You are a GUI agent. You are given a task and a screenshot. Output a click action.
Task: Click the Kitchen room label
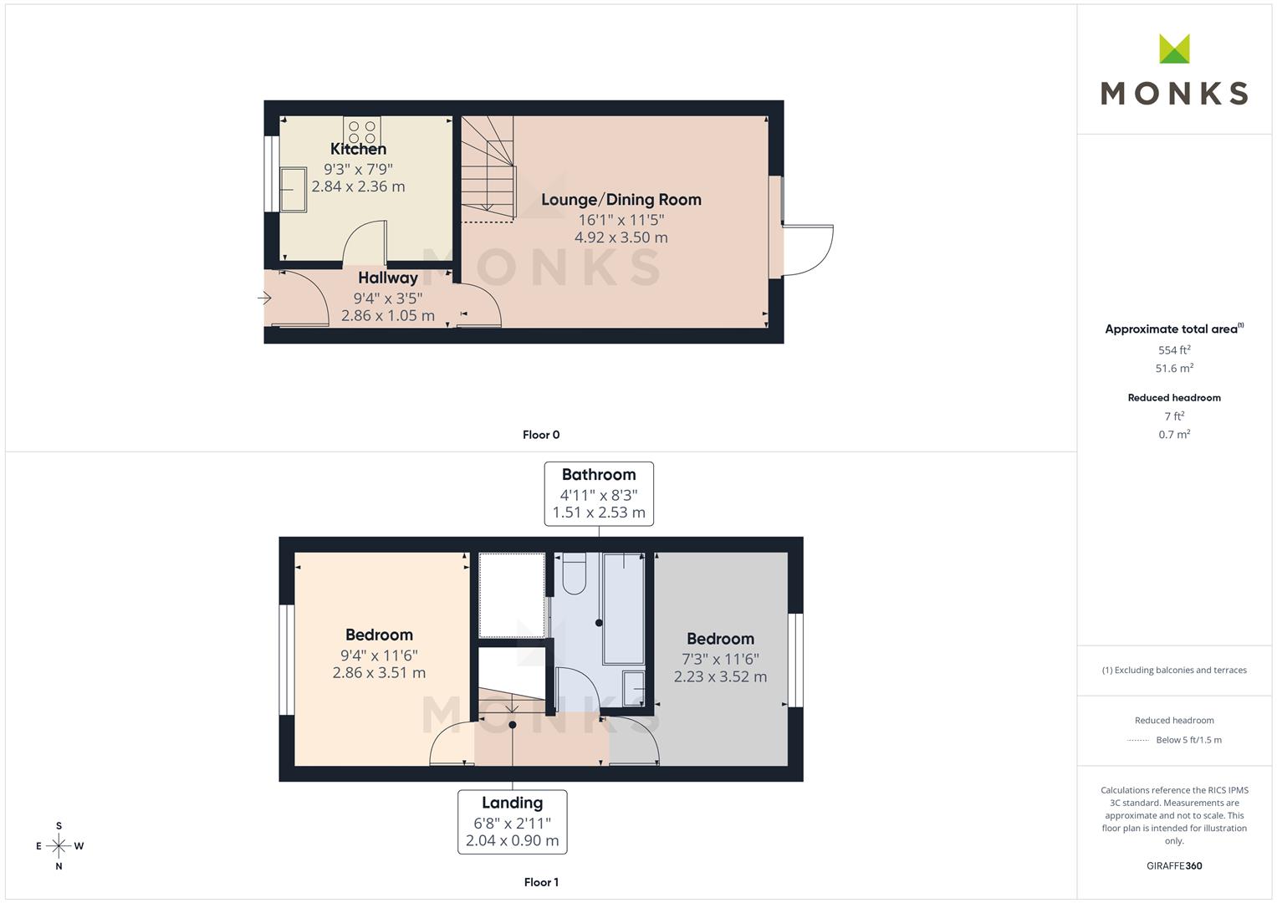[x=358, y=149]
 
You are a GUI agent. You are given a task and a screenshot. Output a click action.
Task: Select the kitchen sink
[x=293, y=189]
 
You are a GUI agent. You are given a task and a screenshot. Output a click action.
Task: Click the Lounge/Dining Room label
[x=621, y=200]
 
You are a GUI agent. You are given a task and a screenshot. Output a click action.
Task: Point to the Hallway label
[x=388, y=278]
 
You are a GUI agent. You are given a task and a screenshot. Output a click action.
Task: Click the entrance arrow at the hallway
[x=264, y=298]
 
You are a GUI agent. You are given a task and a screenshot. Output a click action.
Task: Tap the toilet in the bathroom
[x=574, y=573]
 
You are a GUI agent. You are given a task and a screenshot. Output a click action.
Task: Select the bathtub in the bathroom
[x=624, y=609]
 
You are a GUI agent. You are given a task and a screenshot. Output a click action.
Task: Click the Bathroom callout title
[x=599, y=474]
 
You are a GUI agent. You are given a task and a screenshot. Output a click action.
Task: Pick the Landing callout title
[x=512, y=803]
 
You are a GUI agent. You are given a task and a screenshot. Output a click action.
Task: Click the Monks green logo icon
[x=1174, y=48]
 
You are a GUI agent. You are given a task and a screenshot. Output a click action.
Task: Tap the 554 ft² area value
[x=1174, y=350]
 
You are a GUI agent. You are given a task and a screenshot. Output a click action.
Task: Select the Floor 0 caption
[x=541, y=435]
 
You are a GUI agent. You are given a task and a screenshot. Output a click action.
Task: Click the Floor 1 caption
[x=541, y=882]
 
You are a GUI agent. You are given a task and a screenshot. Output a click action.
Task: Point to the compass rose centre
[x=59, y=846]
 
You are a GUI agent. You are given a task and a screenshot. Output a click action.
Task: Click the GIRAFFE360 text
[x=1174, y=866]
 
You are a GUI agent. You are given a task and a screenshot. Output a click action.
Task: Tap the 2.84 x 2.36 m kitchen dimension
[x=358, y=186]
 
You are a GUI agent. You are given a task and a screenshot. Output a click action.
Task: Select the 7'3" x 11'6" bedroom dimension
[x=721, y=659]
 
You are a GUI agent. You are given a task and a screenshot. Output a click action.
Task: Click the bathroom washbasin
[x=633, y=689]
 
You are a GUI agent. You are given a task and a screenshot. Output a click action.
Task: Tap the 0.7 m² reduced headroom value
[x=1174, y=435]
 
